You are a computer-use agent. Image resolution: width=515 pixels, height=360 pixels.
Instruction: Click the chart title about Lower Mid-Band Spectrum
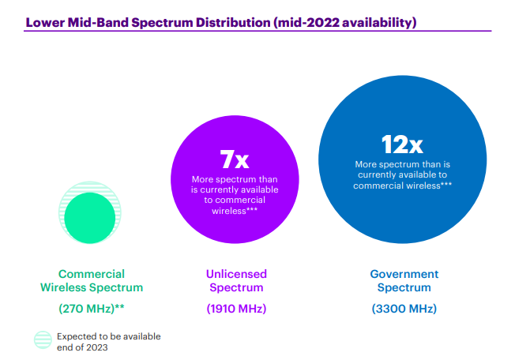pyautogui.click(x=220, y=22)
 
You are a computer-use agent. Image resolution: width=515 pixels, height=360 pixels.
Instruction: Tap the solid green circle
pyautogui.click(x=90, y=216)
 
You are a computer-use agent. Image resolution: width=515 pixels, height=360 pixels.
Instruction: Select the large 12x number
pyautogui.click(x=402, y=144)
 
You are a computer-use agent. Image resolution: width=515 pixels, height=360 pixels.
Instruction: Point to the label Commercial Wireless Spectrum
pyautogui.click(x=92, y=281)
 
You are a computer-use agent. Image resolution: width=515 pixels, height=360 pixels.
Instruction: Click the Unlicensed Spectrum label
pyautogui.click(x=236, y=281)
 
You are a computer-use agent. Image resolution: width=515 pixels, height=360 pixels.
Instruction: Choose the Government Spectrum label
pyautogui.click(x=404, y=281)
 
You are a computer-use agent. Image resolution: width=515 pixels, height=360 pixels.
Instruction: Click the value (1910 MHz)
pyautogui.click(x=236, y=308)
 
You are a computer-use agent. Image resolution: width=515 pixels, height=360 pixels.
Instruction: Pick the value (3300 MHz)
pyautogui.click(x=404, y=308)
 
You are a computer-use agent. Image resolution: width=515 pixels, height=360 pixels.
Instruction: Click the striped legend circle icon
pyautogui.click(x=43, y=341)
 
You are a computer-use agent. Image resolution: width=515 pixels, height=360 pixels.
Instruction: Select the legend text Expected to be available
pyautogui.click(x=108, y=336)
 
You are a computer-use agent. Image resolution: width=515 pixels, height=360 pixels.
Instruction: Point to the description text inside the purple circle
pyautogui.click(x=235, y=194)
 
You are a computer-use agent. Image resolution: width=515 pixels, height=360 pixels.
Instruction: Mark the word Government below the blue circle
pyautogui.click(x=404, y=274)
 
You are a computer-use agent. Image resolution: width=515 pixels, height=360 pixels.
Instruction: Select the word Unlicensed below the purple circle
pyautogui.click(x=236, y=274)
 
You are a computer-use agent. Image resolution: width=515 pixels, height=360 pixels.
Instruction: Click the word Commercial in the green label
pyautogui.click(x=92, y=274)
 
